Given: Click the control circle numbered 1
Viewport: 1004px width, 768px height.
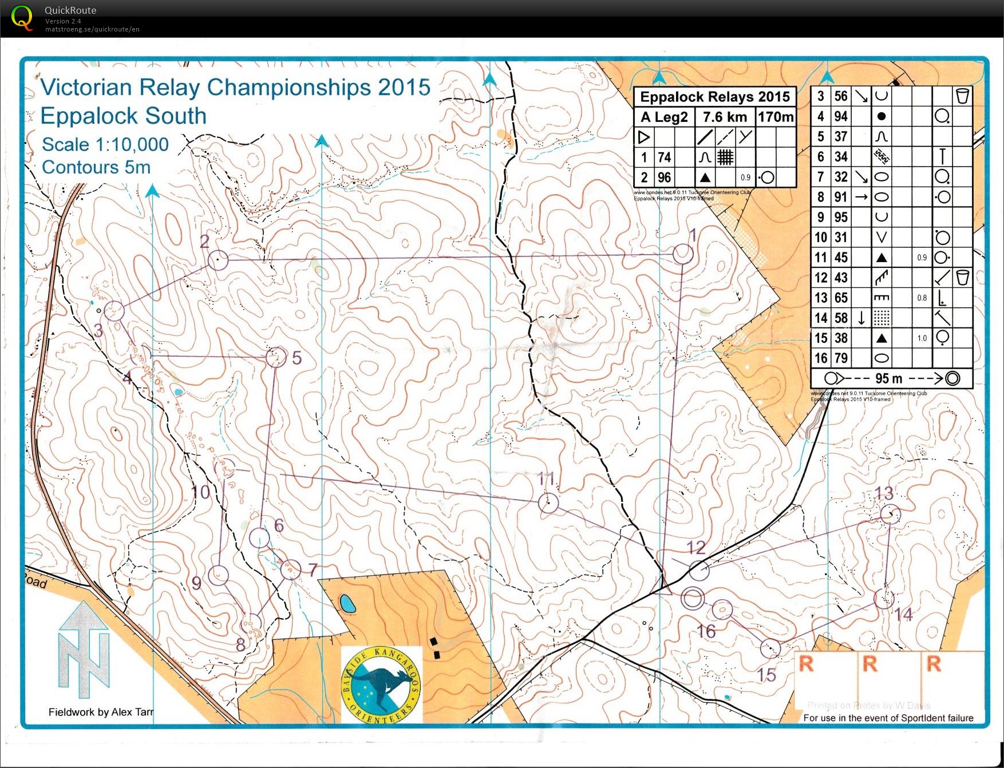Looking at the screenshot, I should click(x=683, y=254).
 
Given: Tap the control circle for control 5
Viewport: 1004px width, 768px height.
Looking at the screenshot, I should click(x=276, y=357).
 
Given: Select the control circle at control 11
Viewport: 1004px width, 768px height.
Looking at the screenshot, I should click(x=548, y=503).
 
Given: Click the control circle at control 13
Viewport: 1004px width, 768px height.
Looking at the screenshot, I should click(x=890, y=514).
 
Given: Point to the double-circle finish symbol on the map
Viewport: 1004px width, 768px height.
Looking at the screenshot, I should click(x=693, y=599).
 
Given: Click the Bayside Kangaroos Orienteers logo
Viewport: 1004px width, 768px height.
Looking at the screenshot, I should click(x=381, y=684).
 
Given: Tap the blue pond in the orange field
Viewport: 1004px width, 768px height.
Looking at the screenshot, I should click(x=346, y=603).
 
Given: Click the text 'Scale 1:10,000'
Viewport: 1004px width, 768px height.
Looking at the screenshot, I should click(x=105, y=144).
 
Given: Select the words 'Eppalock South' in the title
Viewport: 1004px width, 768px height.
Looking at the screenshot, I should click(x=123, y=116).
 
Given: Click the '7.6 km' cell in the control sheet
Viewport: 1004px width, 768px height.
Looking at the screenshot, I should click(x=725, y=117).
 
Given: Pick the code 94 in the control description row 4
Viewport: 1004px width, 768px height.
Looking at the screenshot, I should click(x=840, y=116).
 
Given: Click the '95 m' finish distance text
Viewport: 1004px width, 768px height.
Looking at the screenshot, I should click(x=888, y=378).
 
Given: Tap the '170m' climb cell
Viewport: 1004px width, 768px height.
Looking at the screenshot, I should click(x=776, y=117).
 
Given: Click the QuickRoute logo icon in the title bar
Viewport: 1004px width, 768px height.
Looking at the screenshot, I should click(x=22, y=18).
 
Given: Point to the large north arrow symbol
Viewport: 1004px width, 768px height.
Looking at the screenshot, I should click(x=84, y=650).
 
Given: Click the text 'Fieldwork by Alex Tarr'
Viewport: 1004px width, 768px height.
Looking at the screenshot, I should click(x=101, y=712).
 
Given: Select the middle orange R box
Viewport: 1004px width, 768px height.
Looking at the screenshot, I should click(x=870, y=664).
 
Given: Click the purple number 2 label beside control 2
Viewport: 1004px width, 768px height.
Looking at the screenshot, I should click(x=204, y=242).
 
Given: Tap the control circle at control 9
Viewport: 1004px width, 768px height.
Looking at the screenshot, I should click(x=218, y=575).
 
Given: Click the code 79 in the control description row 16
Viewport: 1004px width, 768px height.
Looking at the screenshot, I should click(x=840, y=358).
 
